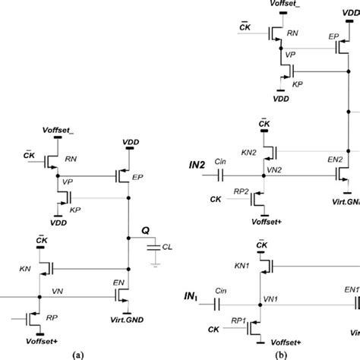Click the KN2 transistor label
click(x=248, y=153)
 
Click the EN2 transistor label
click(x=334, y=159)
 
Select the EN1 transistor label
click(x=350, y=289)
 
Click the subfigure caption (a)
click(x=76, y=353)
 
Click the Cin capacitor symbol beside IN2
click(x=219, y=175)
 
